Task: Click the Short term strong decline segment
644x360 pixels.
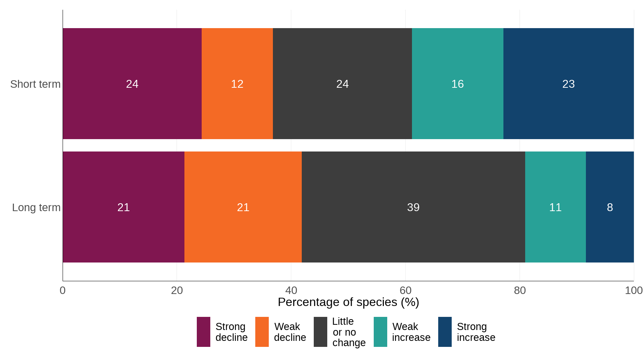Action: tap(132, 84)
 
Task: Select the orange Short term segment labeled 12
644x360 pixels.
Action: tap(237, 84)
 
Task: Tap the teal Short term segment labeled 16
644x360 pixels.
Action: tap(457, 84)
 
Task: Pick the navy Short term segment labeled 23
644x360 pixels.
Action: tap(568, 84)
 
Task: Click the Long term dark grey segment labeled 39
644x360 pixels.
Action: tap(413, 207)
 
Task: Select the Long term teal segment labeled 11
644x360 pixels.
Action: tap(555, 207)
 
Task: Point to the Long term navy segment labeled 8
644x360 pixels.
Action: tap(610, 207)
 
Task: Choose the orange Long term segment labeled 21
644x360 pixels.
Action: tap(243, 207)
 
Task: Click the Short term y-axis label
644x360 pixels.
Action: tap(35, 84)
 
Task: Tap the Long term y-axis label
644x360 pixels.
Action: tap(36, 207)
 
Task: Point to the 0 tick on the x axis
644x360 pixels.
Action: tap(63, 290)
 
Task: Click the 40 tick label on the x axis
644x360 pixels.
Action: tap(291, 290)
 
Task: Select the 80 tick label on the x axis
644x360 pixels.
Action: tap(520, 290)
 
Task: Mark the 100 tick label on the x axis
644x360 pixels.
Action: tap(634, 290)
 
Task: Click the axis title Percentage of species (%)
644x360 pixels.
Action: tap(348, 302)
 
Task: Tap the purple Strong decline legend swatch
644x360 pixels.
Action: tap(203, 332)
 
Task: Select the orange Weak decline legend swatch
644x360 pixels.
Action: tap(262, 332)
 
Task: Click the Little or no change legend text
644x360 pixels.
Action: tap(349, 332)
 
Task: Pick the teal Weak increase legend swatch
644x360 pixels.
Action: tap(380, 332)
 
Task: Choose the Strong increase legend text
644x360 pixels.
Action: tap(476, 332)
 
